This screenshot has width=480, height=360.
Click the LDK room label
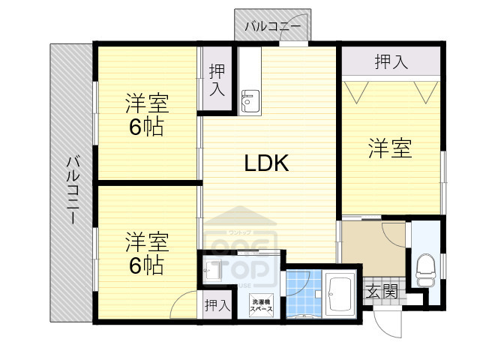pos(266,163)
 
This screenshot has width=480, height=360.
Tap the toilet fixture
pos(424,271)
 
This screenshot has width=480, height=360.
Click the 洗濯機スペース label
pos(262,305)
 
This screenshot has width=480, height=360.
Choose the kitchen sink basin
pos(249,100)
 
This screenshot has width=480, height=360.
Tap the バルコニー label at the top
pos(272,28)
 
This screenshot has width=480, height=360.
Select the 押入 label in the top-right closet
pos(391,62)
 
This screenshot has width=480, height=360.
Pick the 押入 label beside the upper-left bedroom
pos(217,79)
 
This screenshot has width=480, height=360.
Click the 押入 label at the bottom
pos(217,305)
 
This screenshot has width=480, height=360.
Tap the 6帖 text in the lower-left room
pos(146,265)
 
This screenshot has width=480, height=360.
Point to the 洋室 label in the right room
pos(389,148)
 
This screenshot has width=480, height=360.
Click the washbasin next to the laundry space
pos(213,271)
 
